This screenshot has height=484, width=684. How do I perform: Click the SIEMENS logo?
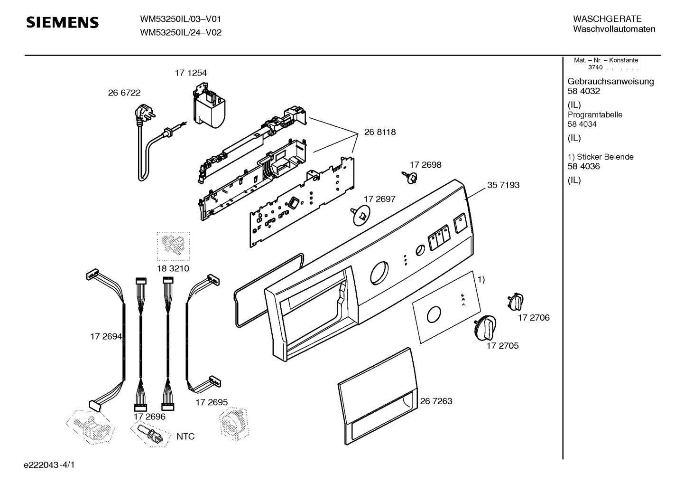(63, 23)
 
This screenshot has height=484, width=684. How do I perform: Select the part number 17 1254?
(191, 73)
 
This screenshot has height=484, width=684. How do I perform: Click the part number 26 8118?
(380, 132)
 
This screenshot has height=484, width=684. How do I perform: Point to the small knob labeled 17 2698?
(410, 177)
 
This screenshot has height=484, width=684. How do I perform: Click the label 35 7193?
(503, 185)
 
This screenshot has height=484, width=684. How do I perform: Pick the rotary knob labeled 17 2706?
(516, 302)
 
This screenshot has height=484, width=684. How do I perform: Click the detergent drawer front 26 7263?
(378, 396)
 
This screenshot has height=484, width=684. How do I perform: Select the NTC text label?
(185, 437)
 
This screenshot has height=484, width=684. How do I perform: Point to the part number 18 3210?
(173, 268)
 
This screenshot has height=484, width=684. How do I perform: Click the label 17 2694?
(106, 337)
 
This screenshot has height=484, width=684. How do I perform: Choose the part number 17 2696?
(149, 417)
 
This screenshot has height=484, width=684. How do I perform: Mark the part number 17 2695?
(212, 402)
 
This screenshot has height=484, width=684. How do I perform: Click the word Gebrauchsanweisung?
(610, 82)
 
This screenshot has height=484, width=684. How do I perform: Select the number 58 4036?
(583, 166)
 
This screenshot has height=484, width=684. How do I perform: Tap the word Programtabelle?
(595, 115)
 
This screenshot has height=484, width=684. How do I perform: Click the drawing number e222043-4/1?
(49, 465)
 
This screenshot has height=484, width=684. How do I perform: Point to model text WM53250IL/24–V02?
(181, 32)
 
